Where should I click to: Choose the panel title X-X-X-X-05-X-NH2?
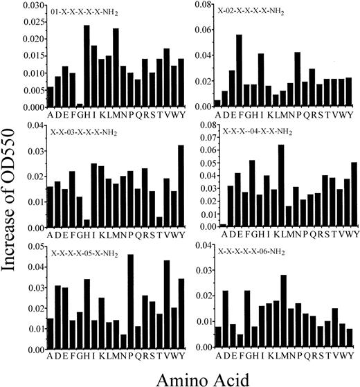[86, 253]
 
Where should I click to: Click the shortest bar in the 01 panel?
[79, 105]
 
